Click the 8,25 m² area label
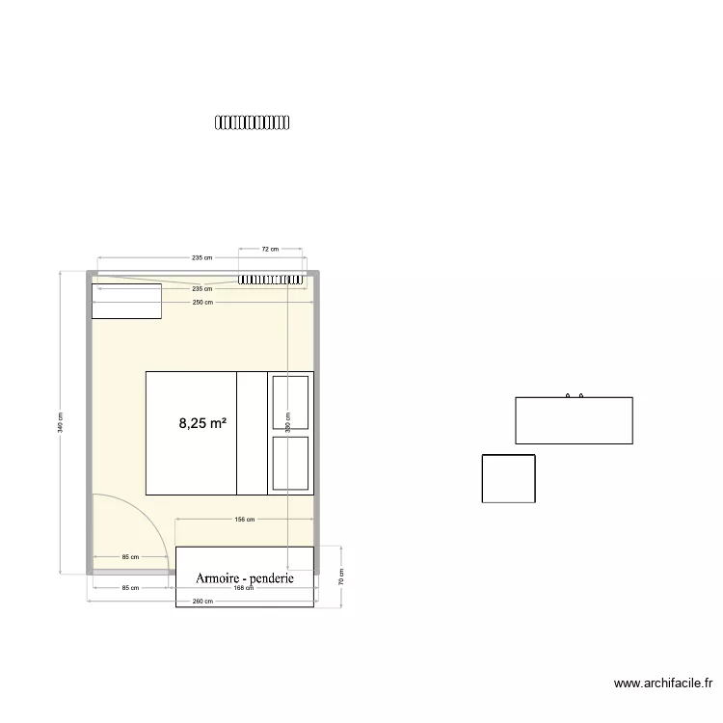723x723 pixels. pos(202,422)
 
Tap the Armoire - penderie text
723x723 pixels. pos(245,578)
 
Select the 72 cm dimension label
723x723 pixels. pos(270,250)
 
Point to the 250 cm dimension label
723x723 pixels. pos(201,303)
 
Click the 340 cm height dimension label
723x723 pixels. pos(60,422)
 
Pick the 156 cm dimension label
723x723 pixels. pos(244,520)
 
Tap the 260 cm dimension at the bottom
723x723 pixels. pos(201,600)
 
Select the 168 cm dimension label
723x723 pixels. pos(244,588)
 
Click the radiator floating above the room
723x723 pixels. pos(252,122)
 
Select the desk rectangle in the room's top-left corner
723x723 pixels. pos(126,301)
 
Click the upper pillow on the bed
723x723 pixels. pos(290,402)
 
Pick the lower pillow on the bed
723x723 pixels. pos(290,463)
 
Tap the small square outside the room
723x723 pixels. pos(508,478)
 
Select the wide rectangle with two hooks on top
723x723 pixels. pos(574,420)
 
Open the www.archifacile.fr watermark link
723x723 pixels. pos(663,683)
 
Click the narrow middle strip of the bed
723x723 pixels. pos(252,432)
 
